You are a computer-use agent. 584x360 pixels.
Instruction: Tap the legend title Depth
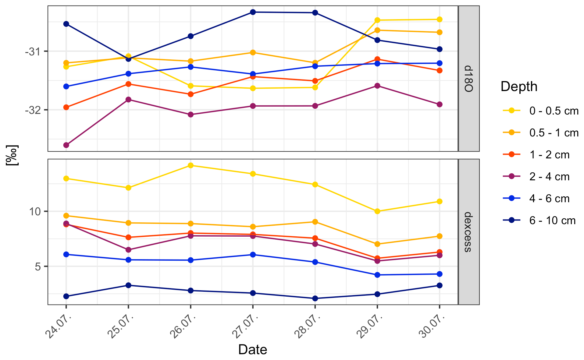[519, 87]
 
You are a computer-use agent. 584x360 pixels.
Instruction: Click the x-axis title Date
[252, 350]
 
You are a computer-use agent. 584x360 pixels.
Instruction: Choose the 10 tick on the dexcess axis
[35, 211]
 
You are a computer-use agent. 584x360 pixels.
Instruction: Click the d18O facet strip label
[468, 79]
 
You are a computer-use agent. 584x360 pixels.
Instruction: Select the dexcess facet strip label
[468, 232]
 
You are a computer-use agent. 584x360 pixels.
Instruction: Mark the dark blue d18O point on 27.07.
[253, 12]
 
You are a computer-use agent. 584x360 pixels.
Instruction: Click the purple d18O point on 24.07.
[66, 145]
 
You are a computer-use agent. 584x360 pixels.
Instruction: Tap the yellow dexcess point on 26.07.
[191, 165]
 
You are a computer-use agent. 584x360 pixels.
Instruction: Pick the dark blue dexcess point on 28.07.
[315, 298]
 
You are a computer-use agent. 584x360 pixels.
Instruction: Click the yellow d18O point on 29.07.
[377, 20]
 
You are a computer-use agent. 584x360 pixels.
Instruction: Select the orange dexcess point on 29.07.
[377, 244]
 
